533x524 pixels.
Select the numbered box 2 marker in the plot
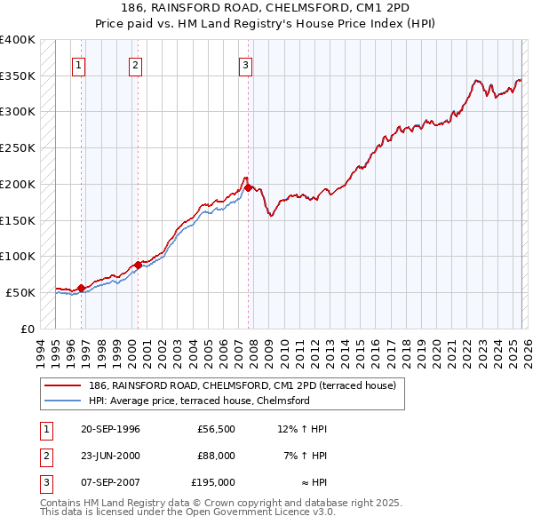tap(135, 64)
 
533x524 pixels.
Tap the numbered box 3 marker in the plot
tap(244, 64)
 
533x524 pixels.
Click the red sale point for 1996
tap(81, 288)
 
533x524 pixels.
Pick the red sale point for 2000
tap(138, 265)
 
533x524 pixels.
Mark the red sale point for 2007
tap(248, 187)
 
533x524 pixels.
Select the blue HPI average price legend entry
tap(198, 401)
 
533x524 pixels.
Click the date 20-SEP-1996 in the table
tap(104, 429)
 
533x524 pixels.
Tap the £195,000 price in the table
tap(212, 482)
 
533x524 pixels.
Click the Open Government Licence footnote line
tap(187, 512)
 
